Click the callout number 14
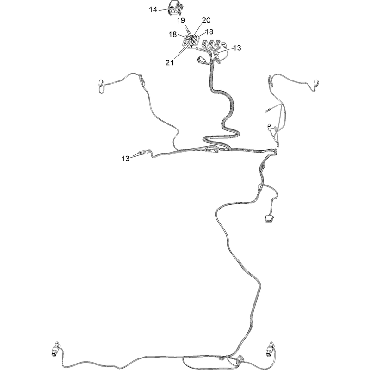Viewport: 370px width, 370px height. click(153, 10)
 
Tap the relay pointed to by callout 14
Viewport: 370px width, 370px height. click(175, 8)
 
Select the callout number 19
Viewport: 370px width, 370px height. click(181, 20)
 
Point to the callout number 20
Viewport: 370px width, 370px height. click(206, 20)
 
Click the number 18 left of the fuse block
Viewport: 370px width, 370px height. click(173, 34)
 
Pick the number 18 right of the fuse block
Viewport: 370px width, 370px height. click(209, 31)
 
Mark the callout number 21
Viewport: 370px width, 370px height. click(169, 62)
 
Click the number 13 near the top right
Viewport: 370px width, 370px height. click(237, 48)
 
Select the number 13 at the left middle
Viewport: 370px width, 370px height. click(125, 159)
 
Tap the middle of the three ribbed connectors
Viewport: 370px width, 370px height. click(211, 44)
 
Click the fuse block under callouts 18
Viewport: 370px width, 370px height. click(191, 42)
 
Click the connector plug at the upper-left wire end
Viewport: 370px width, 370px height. click(100, 83)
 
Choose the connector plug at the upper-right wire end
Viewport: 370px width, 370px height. click(316, 83)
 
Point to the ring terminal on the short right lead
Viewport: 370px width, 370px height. click(266, 110)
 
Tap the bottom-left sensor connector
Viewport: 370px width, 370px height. click(56, 349)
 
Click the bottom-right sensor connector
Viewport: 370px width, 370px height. click(270, 349)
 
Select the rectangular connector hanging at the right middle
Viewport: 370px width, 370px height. click(268, 218)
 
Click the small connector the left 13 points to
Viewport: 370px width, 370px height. click(143, 152)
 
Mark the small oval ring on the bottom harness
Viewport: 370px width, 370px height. click(222, 359)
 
